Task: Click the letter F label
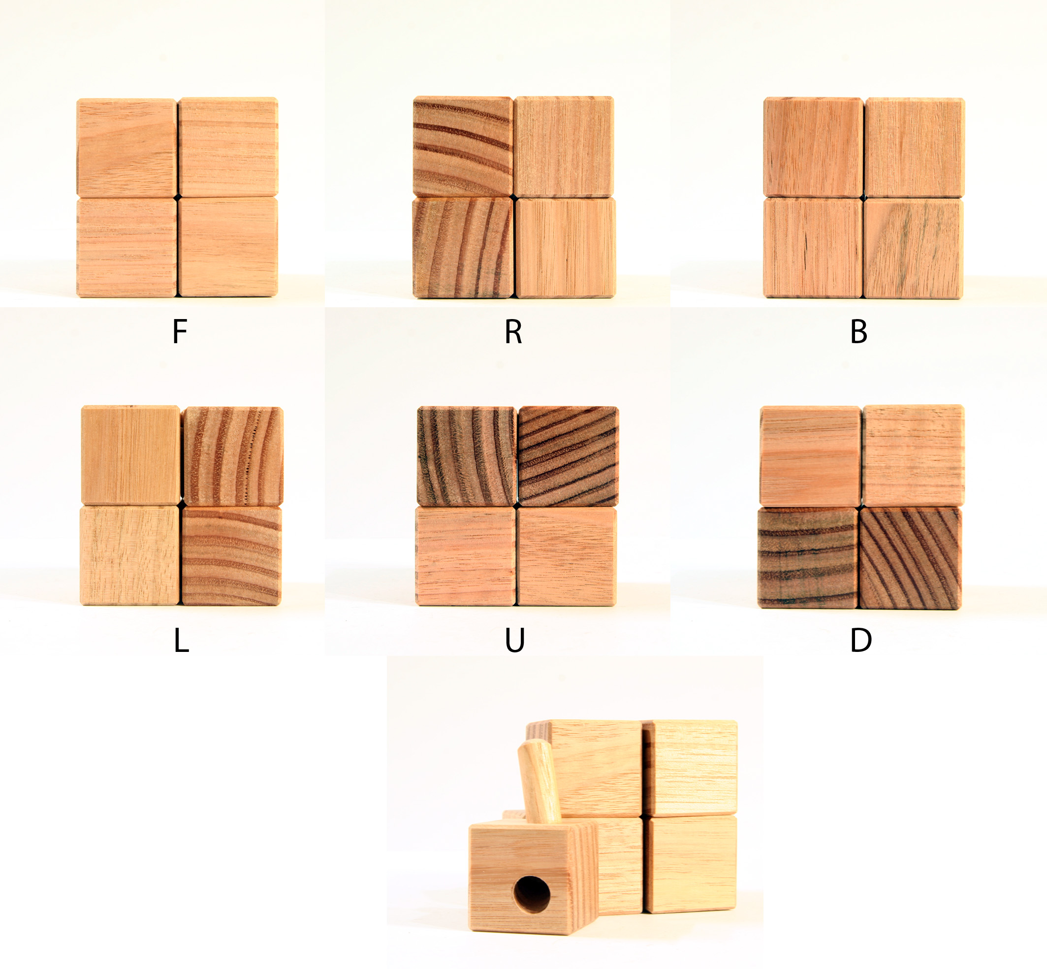180,331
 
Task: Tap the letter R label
513,331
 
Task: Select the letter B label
859,331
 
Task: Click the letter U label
515,640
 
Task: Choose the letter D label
861,640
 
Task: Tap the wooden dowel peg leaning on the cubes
539,781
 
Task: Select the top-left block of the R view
462,146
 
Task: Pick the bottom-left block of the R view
462,248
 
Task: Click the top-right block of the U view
568,455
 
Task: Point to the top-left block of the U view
466,456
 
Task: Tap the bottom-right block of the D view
910,558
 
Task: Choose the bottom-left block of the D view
808,558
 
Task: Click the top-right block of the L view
232,456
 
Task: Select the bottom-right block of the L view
231,556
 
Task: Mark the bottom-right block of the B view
913,249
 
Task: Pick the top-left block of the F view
127,148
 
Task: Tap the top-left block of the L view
130,455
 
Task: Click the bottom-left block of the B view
813,248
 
